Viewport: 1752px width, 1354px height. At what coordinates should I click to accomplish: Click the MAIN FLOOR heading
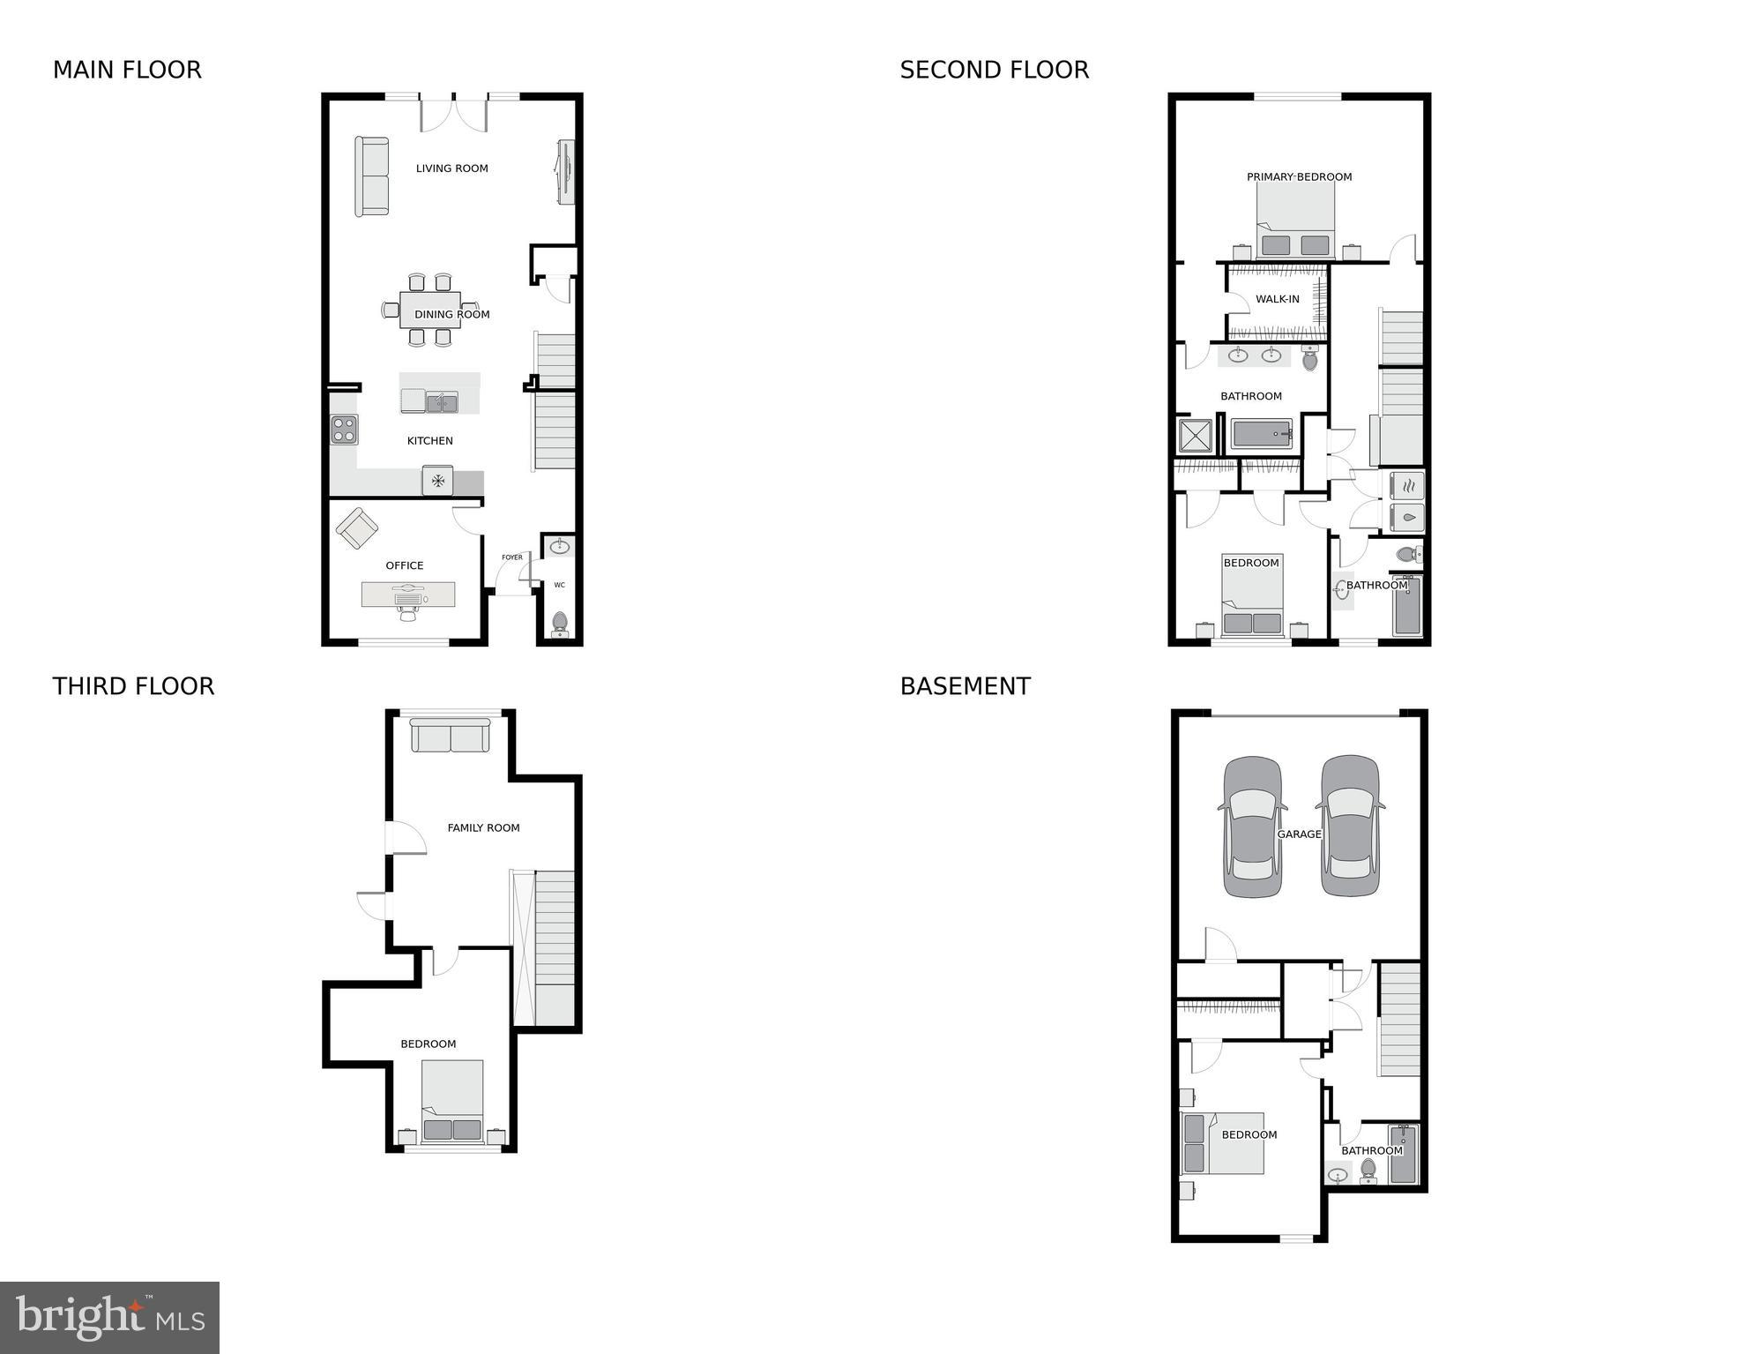coord(127,70)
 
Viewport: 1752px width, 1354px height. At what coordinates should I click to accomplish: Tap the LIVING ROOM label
coord(451,168)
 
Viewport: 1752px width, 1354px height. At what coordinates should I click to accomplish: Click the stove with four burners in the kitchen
coord(344,430)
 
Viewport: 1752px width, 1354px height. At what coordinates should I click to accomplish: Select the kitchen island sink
coord(442,403)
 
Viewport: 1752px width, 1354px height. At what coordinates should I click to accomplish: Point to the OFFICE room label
coord(405,565)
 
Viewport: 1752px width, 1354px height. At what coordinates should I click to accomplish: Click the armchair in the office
coord(357,528)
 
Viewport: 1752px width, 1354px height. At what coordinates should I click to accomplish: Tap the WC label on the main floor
coord(559,585)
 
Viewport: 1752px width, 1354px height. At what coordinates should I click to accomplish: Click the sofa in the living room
coord(372,176)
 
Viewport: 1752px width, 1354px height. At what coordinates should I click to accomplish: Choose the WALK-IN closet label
coord(1277,299)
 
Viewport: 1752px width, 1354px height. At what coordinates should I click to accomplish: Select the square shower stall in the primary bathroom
coord(1196,436)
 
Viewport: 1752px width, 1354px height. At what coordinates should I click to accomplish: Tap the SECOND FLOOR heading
coord(994,70)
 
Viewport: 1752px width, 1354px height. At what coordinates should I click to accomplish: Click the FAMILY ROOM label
coord(483,827)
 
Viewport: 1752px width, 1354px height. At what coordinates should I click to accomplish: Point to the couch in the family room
coord(451,736)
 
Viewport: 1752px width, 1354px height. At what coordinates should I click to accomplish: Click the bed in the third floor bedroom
coord(452,1101)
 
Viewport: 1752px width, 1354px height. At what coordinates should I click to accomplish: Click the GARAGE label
coord(1299,834)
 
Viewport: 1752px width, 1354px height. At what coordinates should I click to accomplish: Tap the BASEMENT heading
coord(965,686)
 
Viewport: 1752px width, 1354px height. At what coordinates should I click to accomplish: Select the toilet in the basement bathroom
coord(1368,1171)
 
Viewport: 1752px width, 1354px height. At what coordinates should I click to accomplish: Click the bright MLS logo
coord(109,1317)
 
